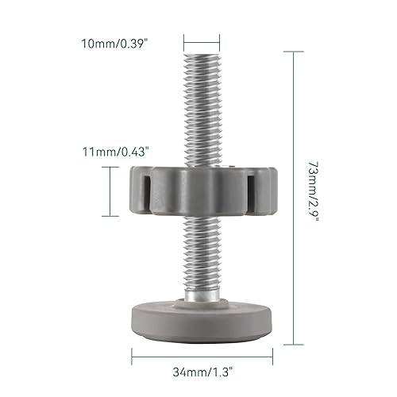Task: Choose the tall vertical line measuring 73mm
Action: [292, 195]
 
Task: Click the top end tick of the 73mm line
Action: [292, 52]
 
